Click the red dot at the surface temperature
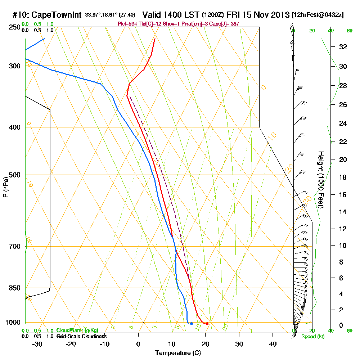point(207,324)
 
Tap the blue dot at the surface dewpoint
point(191,324)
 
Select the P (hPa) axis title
point(5,187)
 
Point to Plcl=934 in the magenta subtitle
point(127,24)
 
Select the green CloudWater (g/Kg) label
point(77,330)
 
